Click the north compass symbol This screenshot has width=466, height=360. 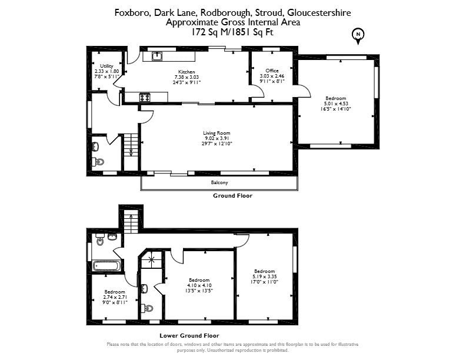click(x=358, y=36)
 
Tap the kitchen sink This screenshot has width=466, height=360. click(x=157, y=55)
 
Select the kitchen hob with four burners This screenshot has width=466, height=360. click(x=145, y=97)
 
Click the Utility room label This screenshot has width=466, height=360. click(x=106, y=66)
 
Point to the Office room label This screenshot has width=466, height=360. click(x=272, y=71)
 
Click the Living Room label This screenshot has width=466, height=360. click(x=217, y=133)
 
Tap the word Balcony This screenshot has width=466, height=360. click(x=219, y=182)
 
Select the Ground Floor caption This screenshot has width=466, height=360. click(x=232, y=196)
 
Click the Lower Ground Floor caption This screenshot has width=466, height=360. click(x=189, y=336)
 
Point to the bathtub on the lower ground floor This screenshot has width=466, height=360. click(x=106, y=265)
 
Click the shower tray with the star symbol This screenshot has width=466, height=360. click(x=152, y=259)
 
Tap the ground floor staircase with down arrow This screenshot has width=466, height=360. click(x=131, y=152)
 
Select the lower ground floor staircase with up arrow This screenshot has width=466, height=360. click(x=131, y=223)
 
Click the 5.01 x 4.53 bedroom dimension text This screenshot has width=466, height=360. click(x=336, y=104)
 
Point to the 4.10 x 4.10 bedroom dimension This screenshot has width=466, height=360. click(x=199, y=285)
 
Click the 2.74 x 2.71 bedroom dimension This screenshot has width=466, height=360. click(x=115, y=297)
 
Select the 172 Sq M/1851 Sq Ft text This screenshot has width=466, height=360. click(x=232, y=32)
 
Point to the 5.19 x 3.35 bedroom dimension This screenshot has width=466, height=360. click(x=265, y=276)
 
